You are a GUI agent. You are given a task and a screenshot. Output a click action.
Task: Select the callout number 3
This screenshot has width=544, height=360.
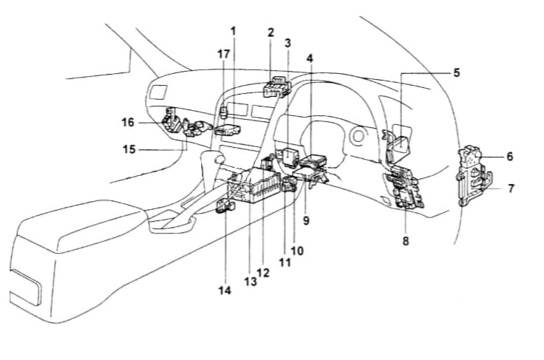tap(288, 44)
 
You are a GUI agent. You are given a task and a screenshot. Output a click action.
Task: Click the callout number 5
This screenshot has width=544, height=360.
tap(456, 73)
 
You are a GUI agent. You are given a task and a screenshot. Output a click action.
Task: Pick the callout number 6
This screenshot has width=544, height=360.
tap(509, 157)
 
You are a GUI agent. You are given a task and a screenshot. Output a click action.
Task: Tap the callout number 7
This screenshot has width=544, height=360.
tap(510, 189)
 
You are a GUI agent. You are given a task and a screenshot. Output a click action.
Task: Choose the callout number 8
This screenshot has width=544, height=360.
tap(405, 240)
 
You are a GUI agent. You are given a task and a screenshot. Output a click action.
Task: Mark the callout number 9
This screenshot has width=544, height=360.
tap(305, 220)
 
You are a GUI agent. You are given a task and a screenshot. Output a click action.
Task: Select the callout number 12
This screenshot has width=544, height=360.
tap(264, 272)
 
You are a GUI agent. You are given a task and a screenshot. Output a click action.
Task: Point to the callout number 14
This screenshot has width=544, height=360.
tap(225, 291)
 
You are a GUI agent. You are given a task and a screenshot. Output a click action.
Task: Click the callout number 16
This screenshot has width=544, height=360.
tap(129, 121)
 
